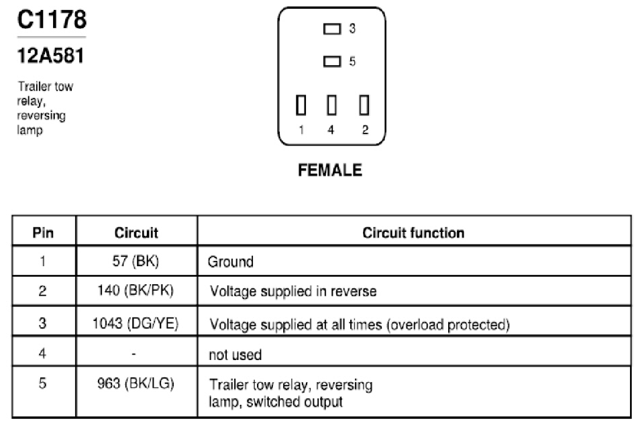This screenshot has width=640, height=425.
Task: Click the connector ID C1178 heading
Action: coord(52,19)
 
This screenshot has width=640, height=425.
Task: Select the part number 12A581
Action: coord(50,56)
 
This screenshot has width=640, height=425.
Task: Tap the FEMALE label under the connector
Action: coord(330,170)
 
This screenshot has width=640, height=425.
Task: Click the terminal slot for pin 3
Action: coord(332,29)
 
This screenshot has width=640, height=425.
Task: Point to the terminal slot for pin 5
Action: coord(332,61)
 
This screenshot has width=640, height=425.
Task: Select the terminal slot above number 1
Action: coord(301,105)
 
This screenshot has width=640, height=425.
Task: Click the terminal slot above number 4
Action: coord(332,105)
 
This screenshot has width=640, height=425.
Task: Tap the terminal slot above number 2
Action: coord(364,105)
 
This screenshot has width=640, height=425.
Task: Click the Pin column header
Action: coord(43,233)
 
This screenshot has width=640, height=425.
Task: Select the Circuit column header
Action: coord(136,233)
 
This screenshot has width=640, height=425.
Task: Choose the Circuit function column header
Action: coord(413,233)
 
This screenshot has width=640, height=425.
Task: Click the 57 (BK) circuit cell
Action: coord(136,261)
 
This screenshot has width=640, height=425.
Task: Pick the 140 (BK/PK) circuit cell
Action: coord(136,290)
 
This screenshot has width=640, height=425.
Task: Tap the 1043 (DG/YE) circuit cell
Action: coord(136,323)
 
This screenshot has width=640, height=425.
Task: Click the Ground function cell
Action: coord(231,261)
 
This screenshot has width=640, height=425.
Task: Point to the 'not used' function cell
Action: coord(235,355)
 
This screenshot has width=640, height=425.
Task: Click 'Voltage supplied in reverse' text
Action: coord(293,291)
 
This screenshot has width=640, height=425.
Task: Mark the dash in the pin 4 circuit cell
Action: coord(134,354)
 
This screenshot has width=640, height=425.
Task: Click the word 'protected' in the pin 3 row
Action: coord(479,324)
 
